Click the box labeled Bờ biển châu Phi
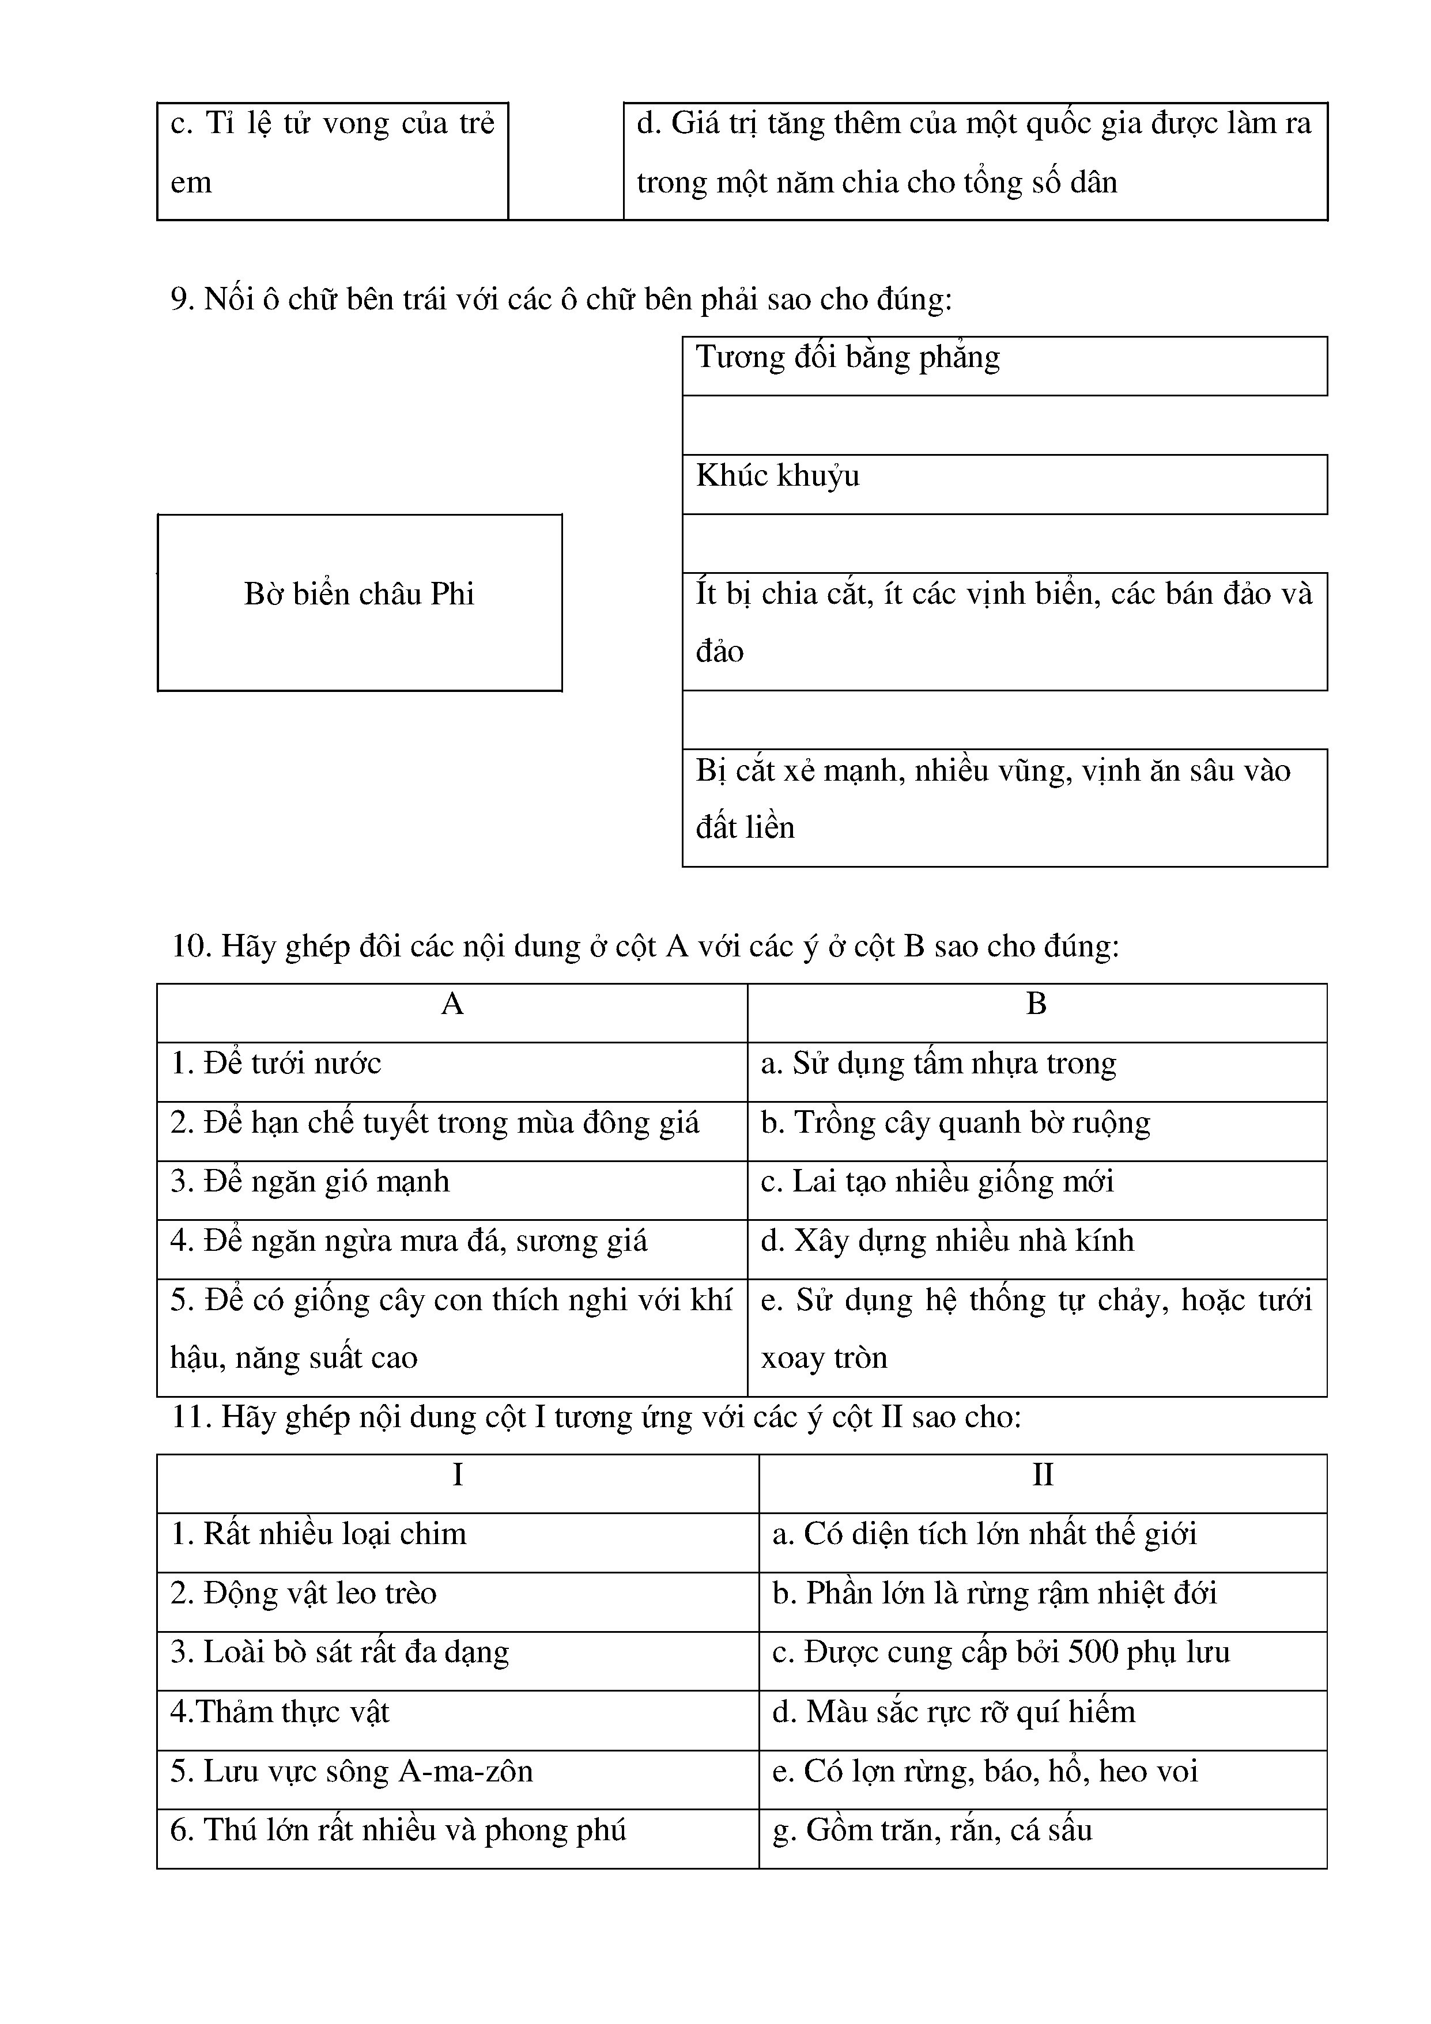tap(360, 602)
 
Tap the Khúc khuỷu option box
tap(1005, 484)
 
